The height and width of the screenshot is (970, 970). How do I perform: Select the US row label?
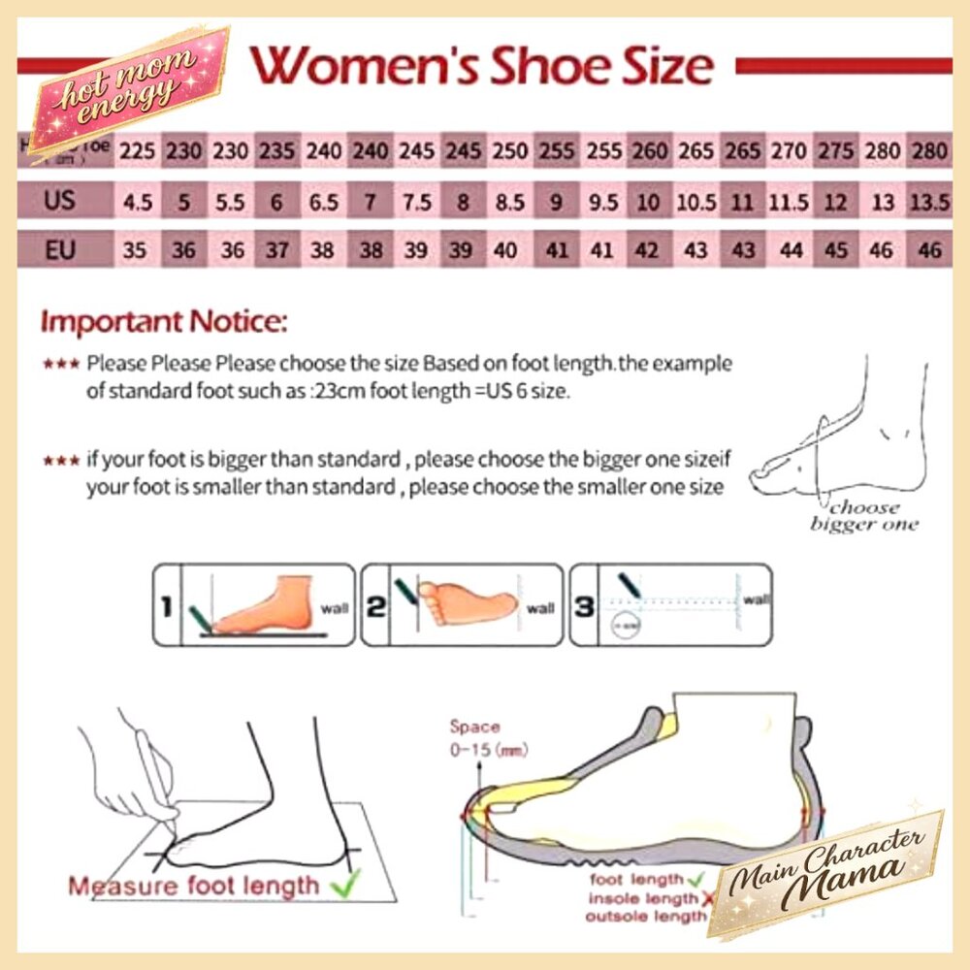pyautogui.click(x=59, y=201)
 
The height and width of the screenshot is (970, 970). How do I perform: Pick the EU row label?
pyautogui.click(x=59, y=250)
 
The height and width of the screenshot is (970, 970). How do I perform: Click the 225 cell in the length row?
pyautogui.click(x=136, y=151)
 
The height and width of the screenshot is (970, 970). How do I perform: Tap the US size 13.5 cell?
pyautogui.click(x=929, y=202)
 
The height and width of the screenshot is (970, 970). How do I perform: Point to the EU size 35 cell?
pyautogui.click(x=136, y=251)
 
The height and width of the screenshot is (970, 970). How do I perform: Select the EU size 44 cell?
pyautogui.click(x=791, y=251)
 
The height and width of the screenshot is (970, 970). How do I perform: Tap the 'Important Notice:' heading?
pyautogui.click(x=164, y=321)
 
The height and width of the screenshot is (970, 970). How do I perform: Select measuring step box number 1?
pyautogui.click(x=253, y=604)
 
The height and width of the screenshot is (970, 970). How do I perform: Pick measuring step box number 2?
pyautogui.click(x=462, y=604)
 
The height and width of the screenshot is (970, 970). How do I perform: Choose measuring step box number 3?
pyautogui.click(x=670, y=604)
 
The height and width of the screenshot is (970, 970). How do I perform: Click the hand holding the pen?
pyautogui.click(x=145, y=757)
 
